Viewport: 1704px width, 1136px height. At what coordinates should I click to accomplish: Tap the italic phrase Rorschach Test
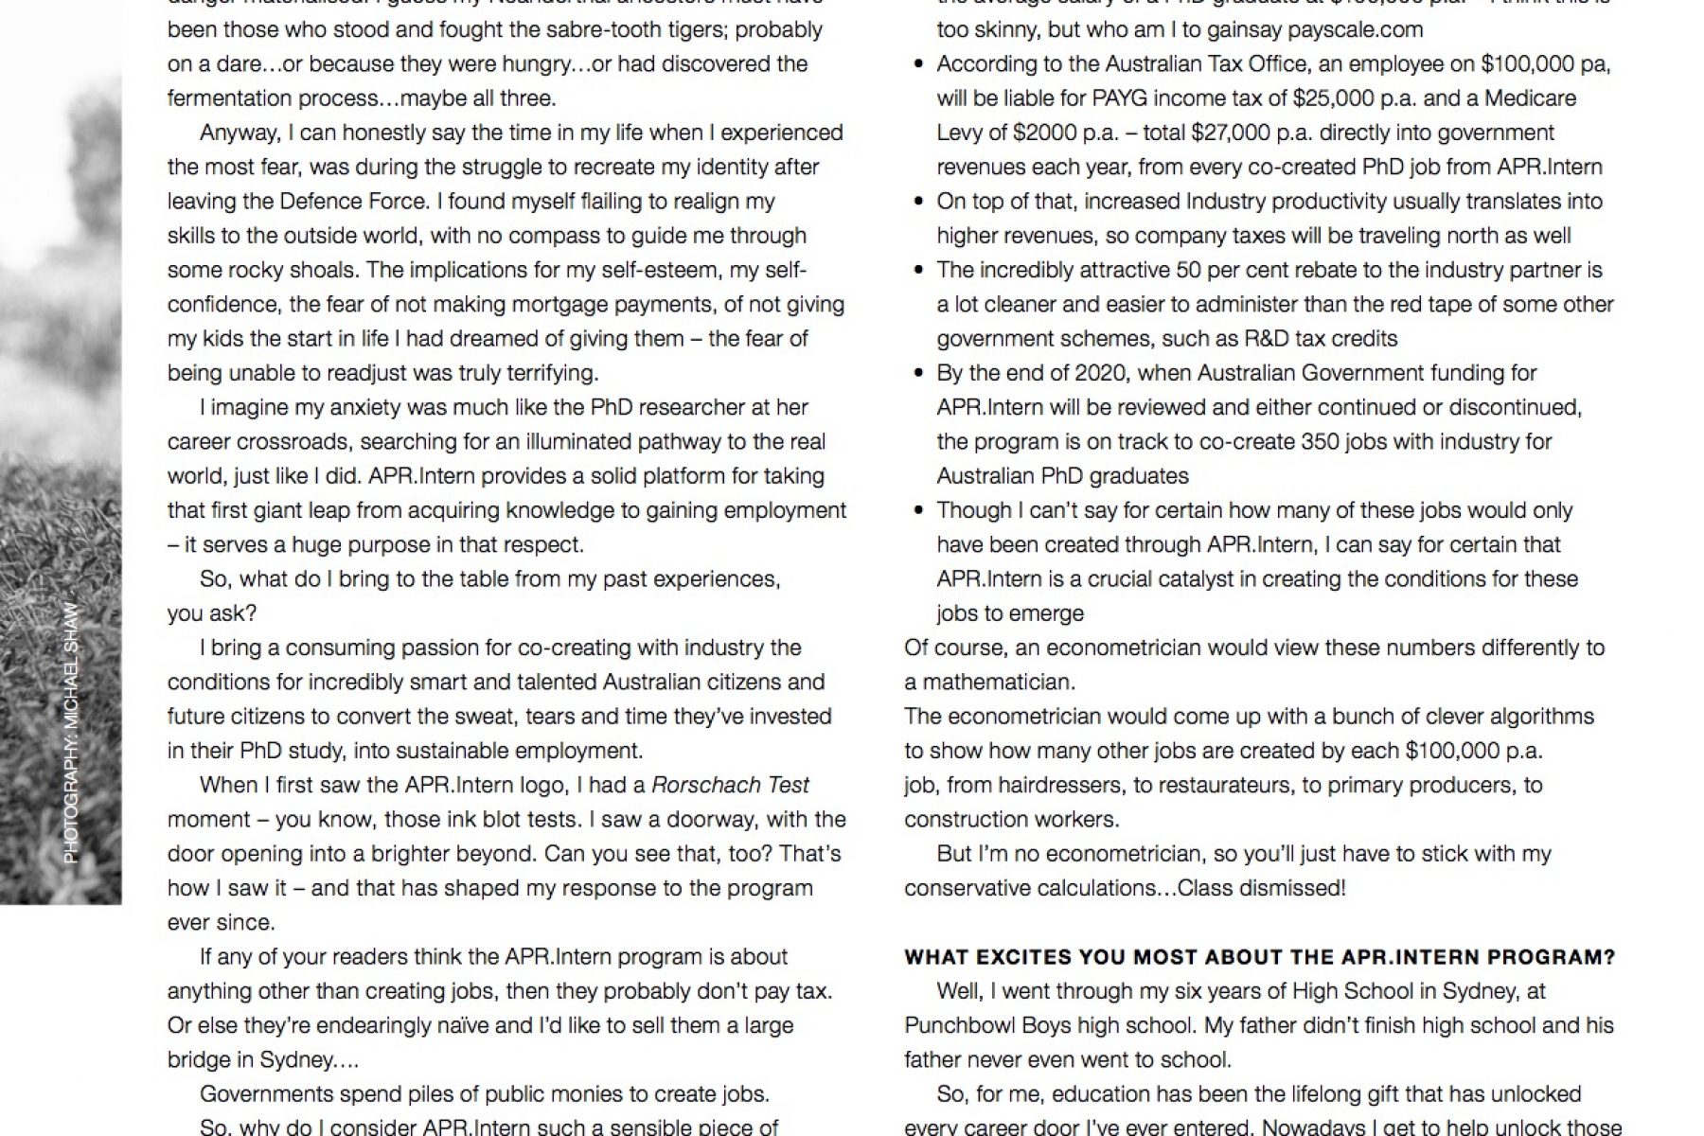[x=730, y=786]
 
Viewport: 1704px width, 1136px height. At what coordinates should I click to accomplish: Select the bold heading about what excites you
[x=1259, y=957]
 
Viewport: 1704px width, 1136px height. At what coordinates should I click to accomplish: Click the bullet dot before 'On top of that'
[x=918, y=202]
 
